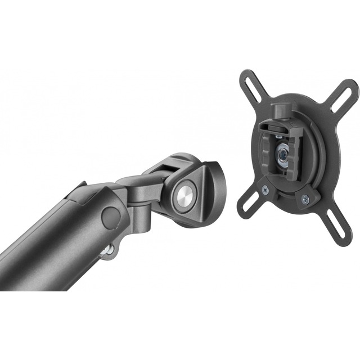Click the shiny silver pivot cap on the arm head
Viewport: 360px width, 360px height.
pyautogui.click(x=185, y=195)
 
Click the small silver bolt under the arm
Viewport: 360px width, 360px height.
pyautogui.click(x=109, y=249)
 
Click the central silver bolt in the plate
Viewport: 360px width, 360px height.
pyautogui.click(x=283, y=153)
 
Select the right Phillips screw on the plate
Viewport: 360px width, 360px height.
pyautogui.click(x=304, y=198)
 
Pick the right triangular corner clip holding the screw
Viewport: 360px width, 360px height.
pyautogui.click(x=307, y=198)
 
